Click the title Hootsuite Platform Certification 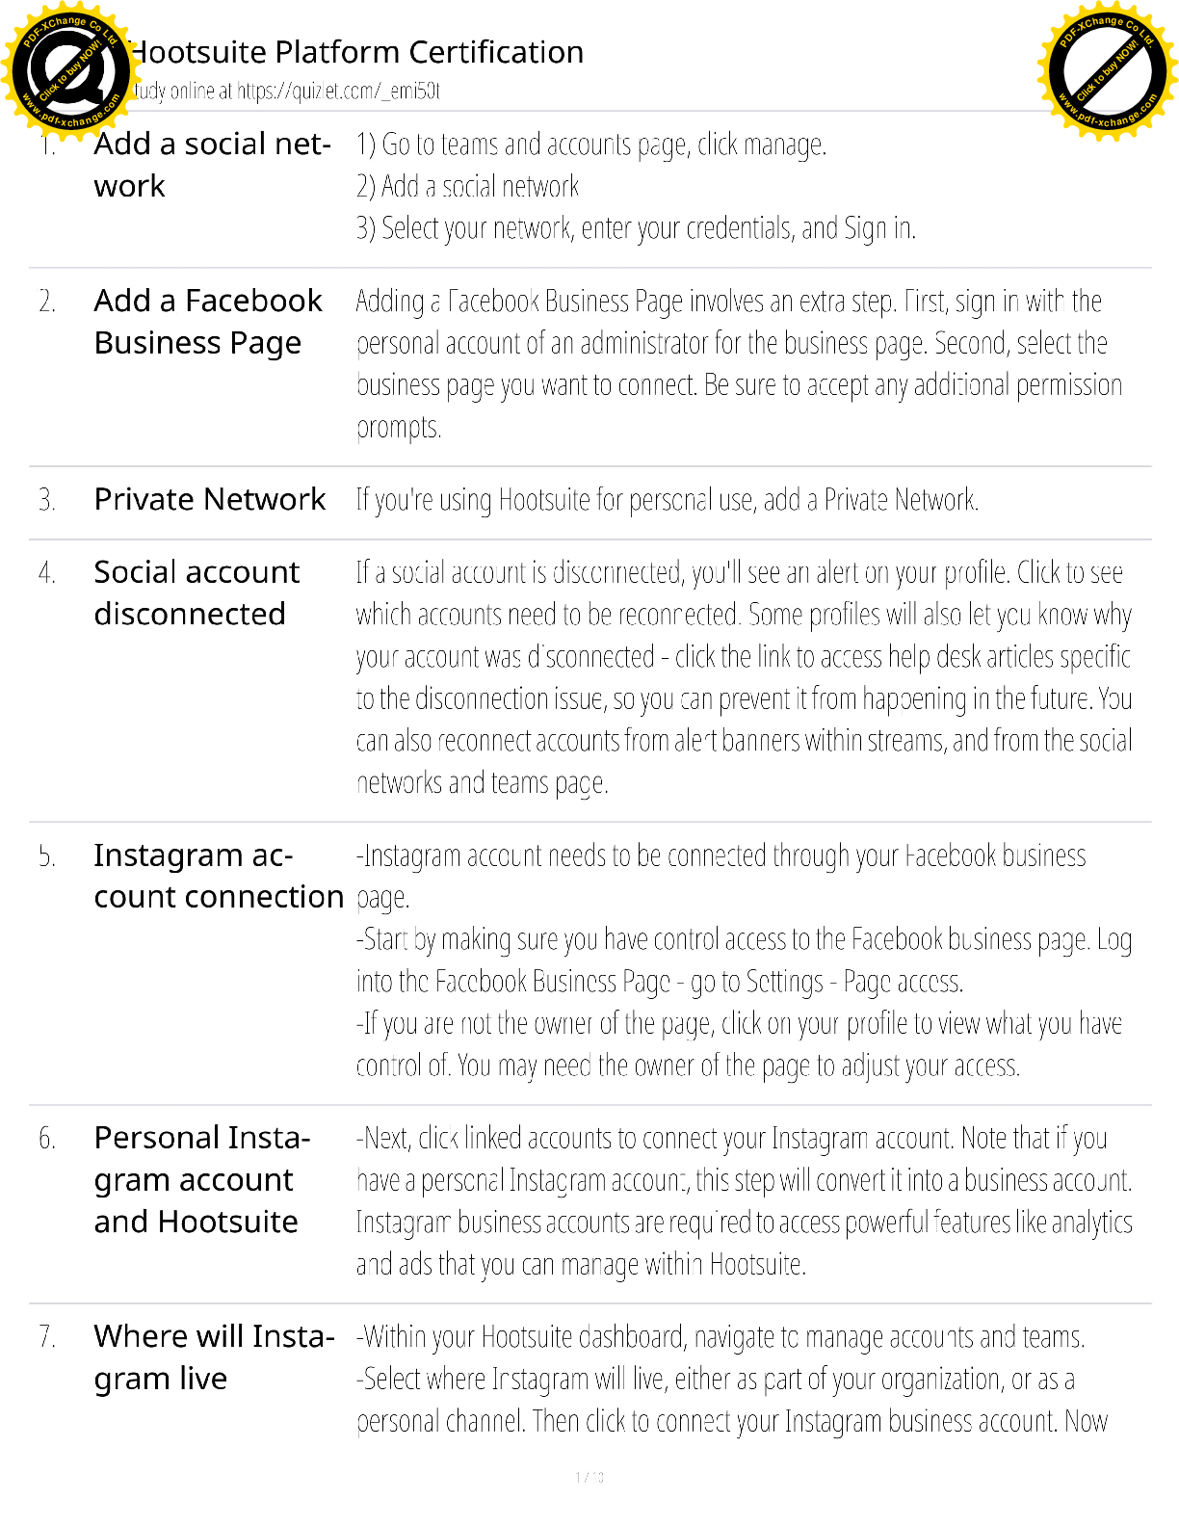pyautogui.click(x=356, y=52)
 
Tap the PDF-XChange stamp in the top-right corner pyautogui.click(x=1108, y=71)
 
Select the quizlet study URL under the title pyautogui.click(x=338, y=92)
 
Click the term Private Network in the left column pyautogui.click(x=210, y=499)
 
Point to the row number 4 pyautogui.click(x=47, y=573)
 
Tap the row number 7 pyautogui.click(x=47, y=1337)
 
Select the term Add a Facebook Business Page pyautogui.click(x=208, y=322)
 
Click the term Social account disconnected pyautogui.click(x=196, y=592)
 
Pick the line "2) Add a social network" pyautogui.click(x=467, y=186)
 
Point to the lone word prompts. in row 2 pyautogui.click(x=399, y=427)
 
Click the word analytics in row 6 pyautogui.click(x=1091, y=1223)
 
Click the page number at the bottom pyautogui.click(x=589, y=1477)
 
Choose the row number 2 pyautogui.click(x=47, y=302)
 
